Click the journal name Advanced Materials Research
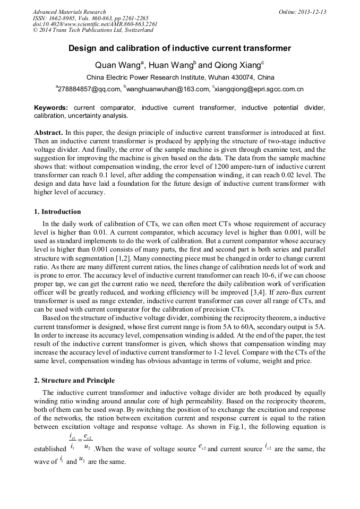tap(69, 12)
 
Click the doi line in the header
tap(95, 24)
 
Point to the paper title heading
tap(179, 48)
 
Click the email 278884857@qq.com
tap(88, 89)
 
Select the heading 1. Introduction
tap(57, 212)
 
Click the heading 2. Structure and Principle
tap(74, 381)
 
